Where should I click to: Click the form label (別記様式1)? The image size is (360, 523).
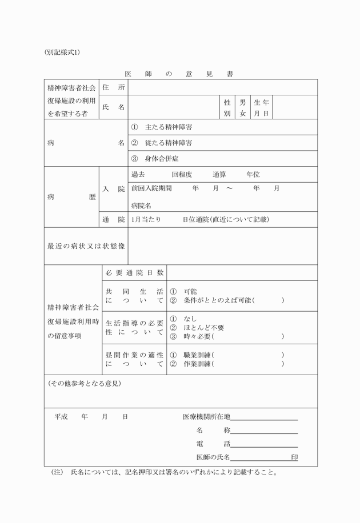click(x=62, y=52)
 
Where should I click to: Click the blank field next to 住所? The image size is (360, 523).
click(x=222, y=87)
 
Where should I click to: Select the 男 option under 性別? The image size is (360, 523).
click(x=243, y=102)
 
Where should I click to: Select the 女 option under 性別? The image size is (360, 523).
click(x=243, y=113)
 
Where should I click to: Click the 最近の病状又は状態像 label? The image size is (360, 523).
click(x=86, y=246)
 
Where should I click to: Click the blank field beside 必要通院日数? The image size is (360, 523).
click(x=241, y=272)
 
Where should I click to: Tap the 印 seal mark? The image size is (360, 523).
click(x=294, y=457)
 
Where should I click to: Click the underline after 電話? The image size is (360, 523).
click(x=264, y=444)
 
